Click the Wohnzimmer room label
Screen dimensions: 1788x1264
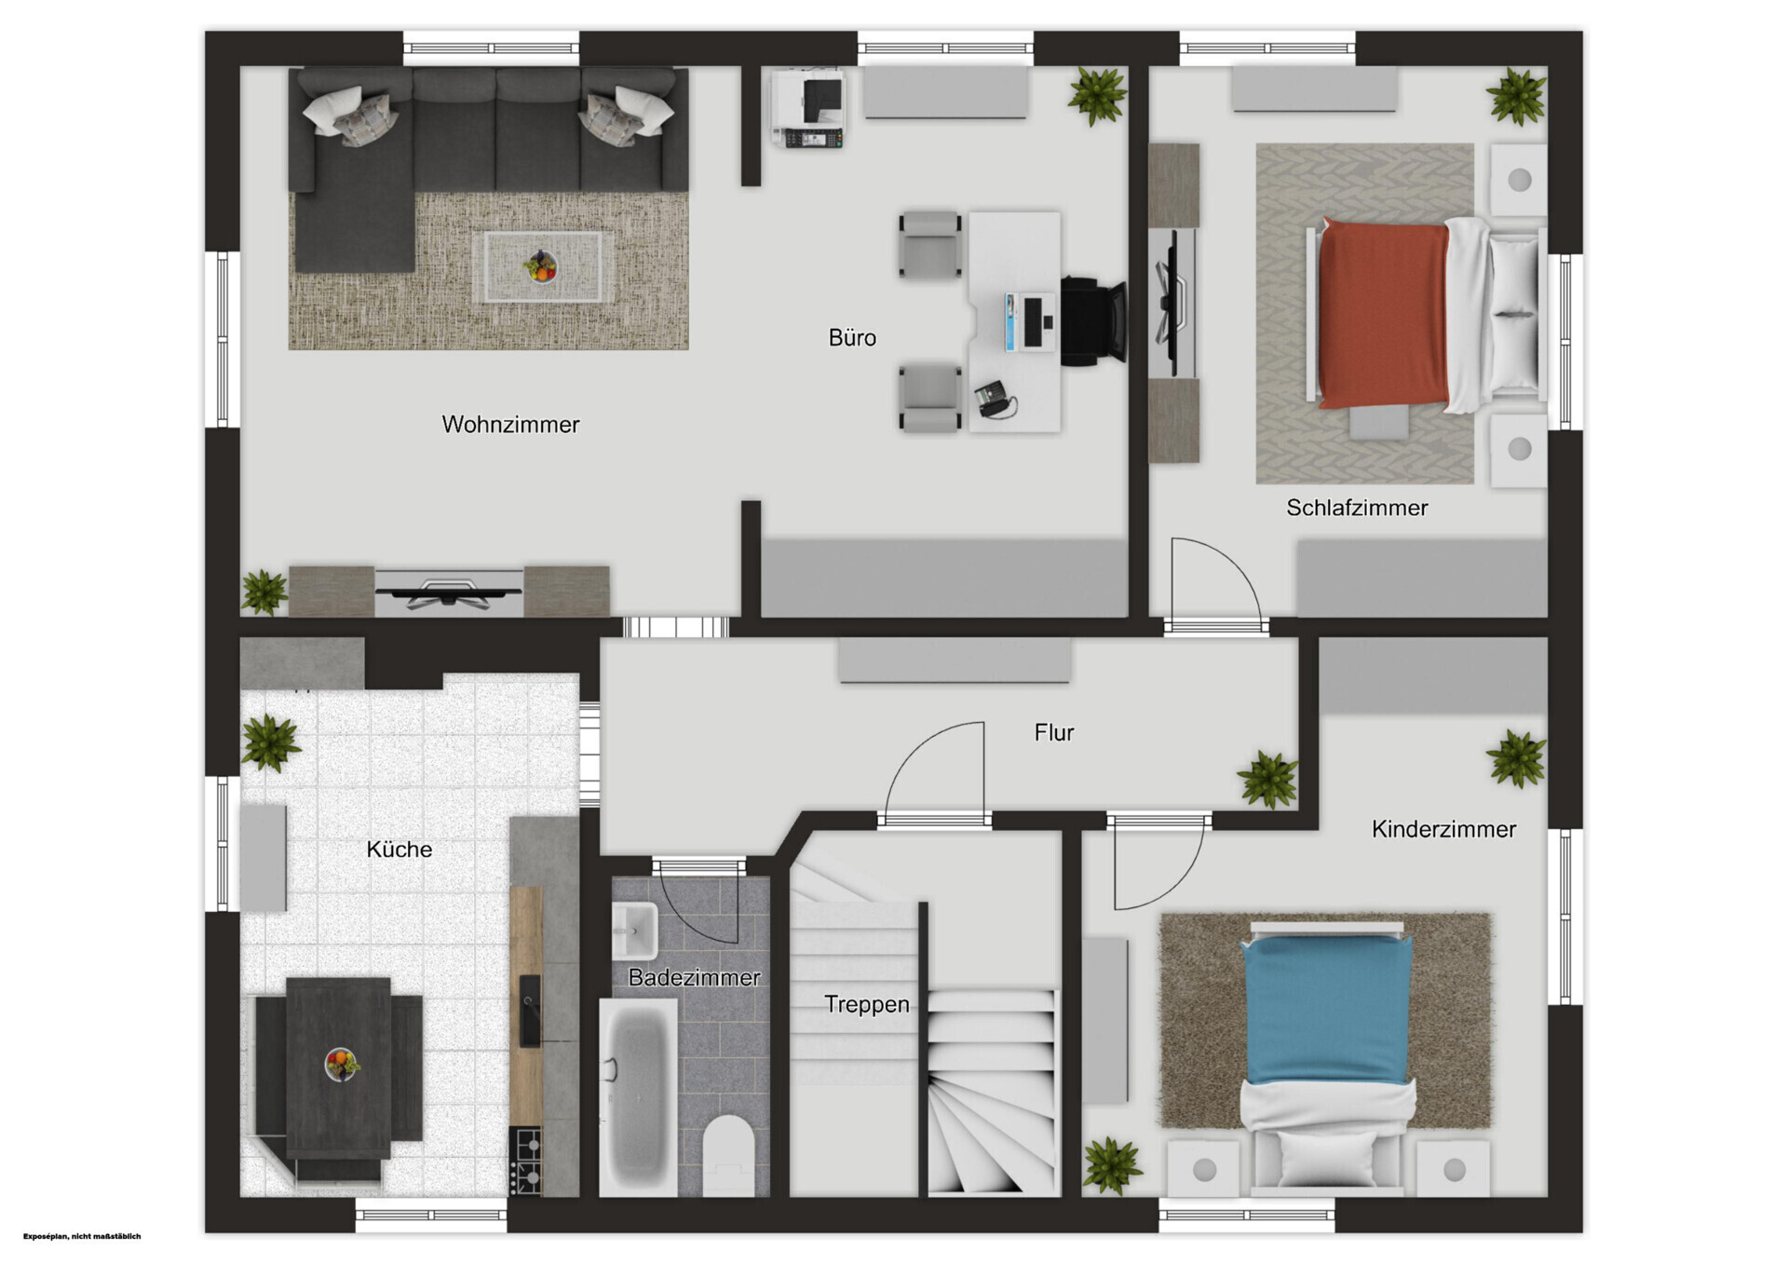coord(510,425)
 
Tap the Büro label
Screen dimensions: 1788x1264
coord(852,337)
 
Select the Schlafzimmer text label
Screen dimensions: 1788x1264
coord(1357,508)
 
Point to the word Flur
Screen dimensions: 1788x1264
coord(1054,733)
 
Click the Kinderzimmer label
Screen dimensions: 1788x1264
coord(1443,829)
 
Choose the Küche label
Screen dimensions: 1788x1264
coord(399,849)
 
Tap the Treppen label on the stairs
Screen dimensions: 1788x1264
coord(867,1004)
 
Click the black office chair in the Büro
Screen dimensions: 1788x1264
coord(1093,321)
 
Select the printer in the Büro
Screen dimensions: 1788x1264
coord(807,109)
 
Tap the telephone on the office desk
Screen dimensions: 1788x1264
coord(996,400)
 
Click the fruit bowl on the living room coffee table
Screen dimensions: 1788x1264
coord(540,266)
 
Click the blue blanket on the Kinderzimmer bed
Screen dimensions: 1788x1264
coord(1326,1010)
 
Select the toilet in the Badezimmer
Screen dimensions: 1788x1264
coord(728,1155)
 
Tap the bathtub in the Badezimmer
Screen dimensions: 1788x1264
coord(638,1098)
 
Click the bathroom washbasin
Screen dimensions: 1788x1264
coord(634,930)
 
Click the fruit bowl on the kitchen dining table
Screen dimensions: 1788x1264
coord(342,1064)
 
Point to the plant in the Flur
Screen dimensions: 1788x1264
coord(1267,779)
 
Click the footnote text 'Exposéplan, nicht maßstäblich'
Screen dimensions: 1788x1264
coord(82,1236)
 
